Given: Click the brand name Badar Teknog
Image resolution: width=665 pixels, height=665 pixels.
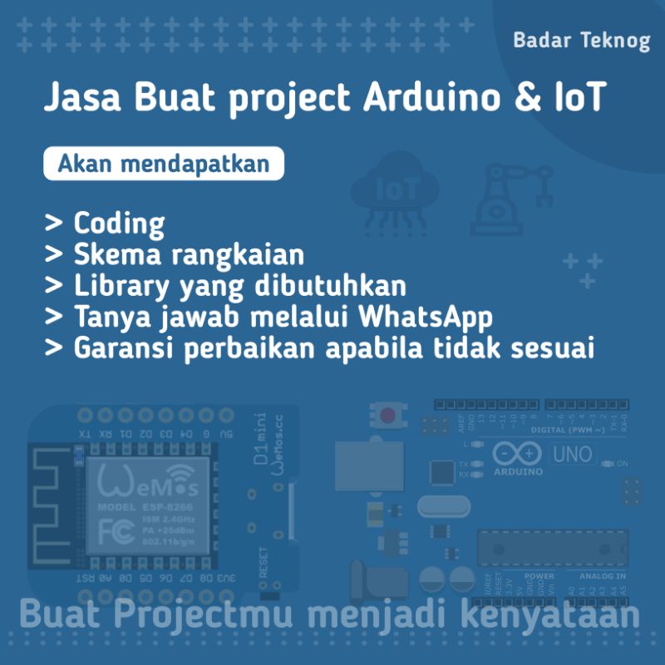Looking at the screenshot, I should tap(581, 41).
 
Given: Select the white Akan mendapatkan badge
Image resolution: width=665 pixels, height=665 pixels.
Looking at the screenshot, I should tap(164, 164).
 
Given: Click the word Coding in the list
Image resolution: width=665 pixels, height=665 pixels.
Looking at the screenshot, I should tap(119, 223).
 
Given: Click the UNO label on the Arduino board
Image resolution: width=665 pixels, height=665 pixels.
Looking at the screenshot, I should tap(573, 454).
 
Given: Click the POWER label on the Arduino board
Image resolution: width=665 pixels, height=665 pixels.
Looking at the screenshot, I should tap(539, 575).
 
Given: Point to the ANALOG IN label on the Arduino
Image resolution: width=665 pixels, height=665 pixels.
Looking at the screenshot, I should tap(603, 575).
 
